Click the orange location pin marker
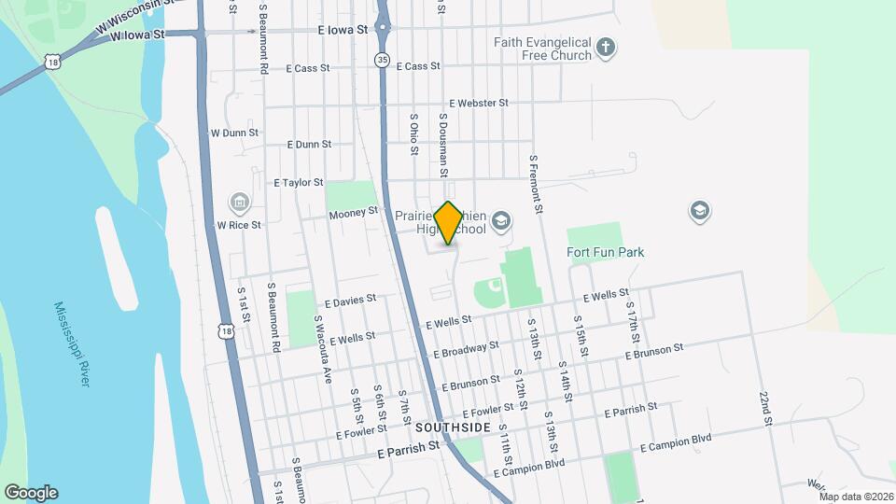click(x=449, y=223)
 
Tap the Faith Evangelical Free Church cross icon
click(x=606, y=47)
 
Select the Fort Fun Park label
click(x=605, y=252)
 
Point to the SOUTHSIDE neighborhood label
click(x=454, y=427)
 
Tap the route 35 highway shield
click(x=382, y=60)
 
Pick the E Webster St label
click(x=478, y=103)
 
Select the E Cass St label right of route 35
click(x=417, y=66)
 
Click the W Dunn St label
click(x=233, y=133)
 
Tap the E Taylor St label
click(x=298, y=183)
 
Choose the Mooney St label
click(x=353, y=214)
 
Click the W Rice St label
click(x=239, y=225)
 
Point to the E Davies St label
click(x=350, y=301)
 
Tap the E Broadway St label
click(x=466, y=350)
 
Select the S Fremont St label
click(x=536, y=181)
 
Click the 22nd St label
click(x=765, y=408)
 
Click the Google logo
click(x=31, y=493)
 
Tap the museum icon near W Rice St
click(x=239, y=202)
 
